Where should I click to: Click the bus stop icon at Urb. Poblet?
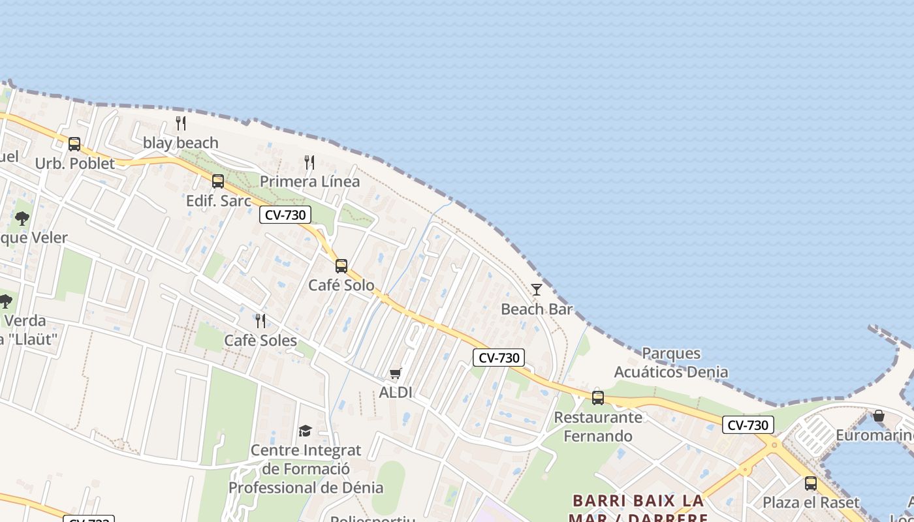[x=74, y=144]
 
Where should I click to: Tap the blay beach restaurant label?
[x=181, y=142]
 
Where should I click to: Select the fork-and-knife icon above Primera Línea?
[x=309, y=162]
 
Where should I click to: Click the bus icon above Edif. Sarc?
[x=218, y=181]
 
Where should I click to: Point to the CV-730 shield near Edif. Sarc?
[x=285, y=215]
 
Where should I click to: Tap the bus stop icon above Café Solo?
[x=341, y=266]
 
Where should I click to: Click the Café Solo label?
[x=341, y=285]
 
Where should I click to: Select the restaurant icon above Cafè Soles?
[x=260, y=320]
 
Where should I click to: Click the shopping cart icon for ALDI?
[x=395, y=373]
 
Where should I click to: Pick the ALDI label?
[x=396, y=392]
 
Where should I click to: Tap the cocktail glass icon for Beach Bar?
[x=537, y=290]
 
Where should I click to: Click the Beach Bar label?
[x=537, y=309]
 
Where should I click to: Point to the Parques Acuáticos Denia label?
[x=671, y=363]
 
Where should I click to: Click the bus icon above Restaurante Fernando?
[x=598, y=397]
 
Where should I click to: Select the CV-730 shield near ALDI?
[x=499, y=358]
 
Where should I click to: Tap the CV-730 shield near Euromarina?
[x=748, y=425]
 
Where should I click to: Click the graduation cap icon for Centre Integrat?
[x=305, y=431]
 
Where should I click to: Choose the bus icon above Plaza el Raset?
[x=811, y=484]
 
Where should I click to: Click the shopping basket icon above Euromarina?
[x=879, y=416]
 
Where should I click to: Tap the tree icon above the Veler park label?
[x=22, y=218]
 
